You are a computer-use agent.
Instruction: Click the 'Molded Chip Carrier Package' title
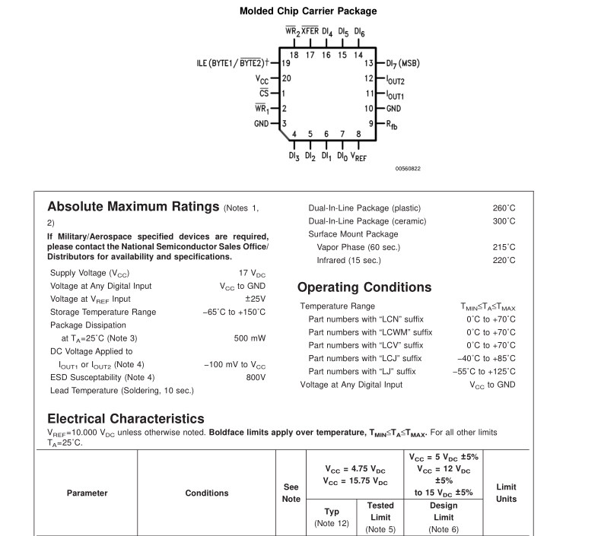308,11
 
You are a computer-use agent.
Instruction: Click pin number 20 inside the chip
286,78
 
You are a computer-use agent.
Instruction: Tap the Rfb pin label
392,124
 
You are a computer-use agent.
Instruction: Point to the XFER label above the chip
310,32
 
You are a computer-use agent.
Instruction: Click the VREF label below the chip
358,157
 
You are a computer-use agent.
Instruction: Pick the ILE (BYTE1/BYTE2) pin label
229,63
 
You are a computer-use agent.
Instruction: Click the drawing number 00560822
408,169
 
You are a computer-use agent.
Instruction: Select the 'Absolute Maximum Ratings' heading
132,207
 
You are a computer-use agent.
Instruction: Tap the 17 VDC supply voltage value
252,272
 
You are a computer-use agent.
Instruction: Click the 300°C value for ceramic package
504,221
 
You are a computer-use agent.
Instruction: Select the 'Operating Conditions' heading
364,287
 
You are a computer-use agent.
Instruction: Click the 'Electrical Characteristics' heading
126,419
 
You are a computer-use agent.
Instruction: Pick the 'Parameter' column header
87,493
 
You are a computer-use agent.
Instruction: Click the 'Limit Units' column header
506,493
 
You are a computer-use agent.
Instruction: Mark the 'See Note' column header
291,493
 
